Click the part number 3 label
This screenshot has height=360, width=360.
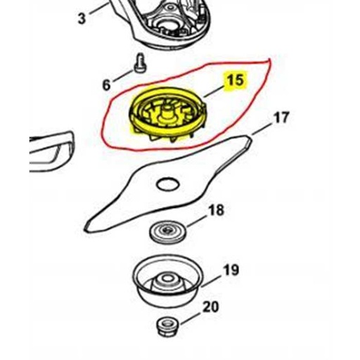point(82,18)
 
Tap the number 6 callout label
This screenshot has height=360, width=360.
point(106,85)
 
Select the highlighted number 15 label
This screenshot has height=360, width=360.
point(236,80)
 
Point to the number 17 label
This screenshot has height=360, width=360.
point(281,117)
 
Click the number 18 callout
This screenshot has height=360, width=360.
point(216,210)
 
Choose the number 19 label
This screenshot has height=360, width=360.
point(231,270)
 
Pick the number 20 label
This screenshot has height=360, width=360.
point(211,307)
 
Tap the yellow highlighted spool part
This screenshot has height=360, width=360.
point(167,115)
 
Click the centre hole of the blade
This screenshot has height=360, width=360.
point(168,184)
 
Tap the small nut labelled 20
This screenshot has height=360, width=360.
point(167,326)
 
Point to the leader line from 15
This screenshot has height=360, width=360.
point(214,91)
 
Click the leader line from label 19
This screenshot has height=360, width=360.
point(211,281)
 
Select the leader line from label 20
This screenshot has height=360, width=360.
point(191,318)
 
